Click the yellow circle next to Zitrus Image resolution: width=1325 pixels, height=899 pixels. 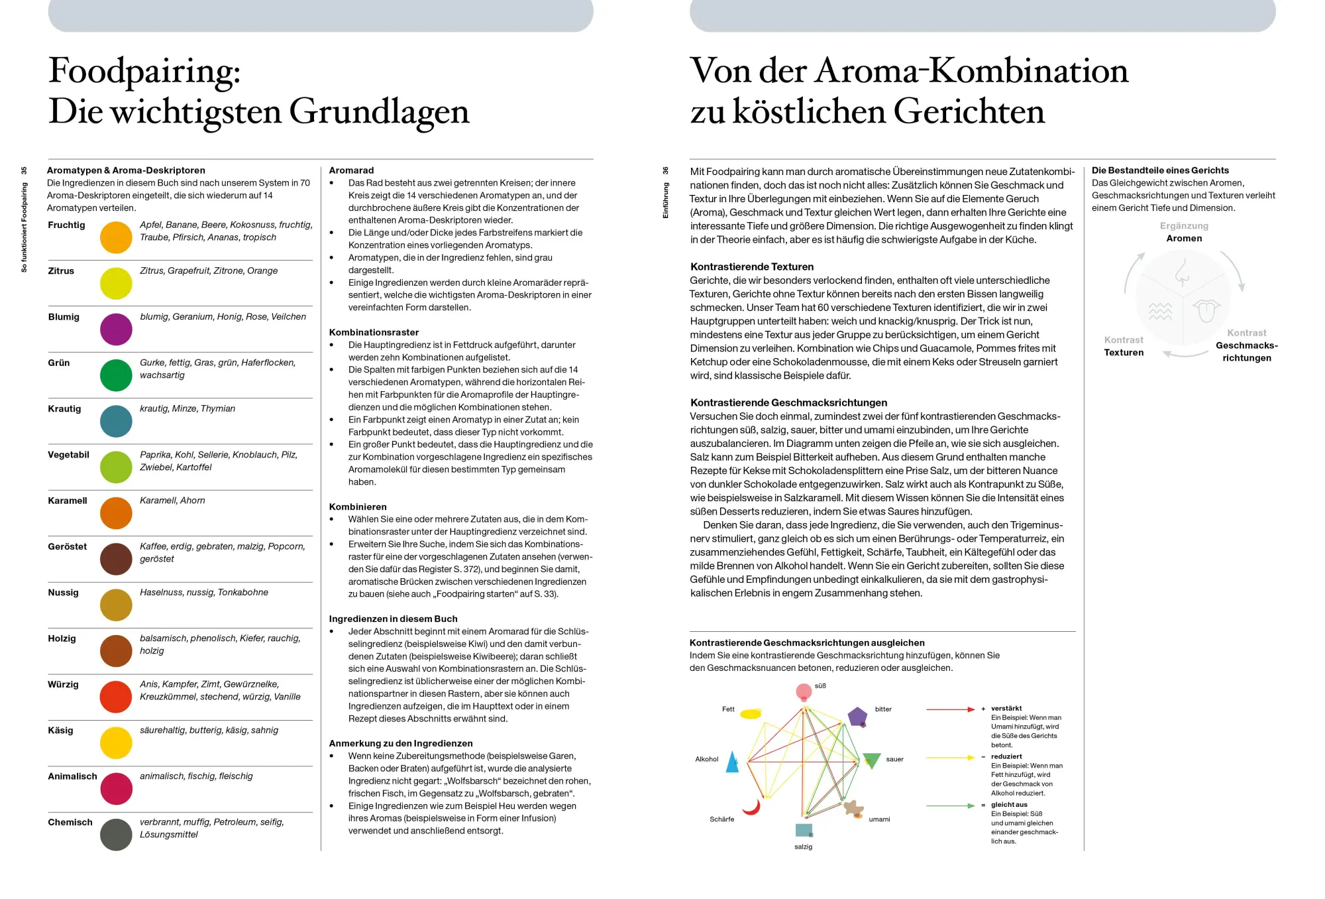pos(116,284)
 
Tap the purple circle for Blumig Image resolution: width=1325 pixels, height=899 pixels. pos(116,330)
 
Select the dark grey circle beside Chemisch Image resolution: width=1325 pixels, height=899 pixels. pos(116,835)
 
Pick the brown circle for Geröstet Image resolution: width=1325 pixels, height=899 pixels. pos(116,559)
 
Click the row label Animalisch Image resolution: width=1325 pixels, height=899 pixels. pos(72,776)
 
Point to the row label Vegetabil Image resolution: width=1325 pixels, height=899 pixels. pos(68,455)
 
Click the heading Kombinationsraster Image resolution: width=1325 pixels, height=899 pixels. pos(374,332)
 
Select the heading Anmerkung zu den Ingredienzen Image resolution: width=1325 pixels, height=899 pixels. pos(401,743)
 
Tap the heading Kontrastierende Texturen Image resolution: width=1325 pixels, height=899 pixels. pos(752,267)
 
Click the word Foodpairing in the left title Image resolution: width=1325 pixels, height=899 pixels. pos(144,71)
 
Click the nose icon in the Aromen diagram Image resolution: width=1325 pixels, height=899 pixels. pos(1182,272)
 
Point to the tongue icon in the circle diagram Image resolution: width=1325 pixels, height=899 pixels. pos(1206,310)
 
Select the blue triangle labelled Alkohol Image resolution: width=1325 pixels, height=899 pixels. pos(732,762)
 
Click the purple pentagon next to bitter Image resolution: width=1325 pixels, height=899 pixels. pos(857,717)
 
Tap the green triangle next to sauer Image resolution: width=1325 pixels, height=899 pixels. pos(871,760)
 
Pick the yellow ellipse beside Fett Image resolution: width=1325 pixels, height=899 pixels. pos(751,714)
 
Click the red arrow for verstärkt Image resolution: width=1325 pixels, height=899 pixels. pos(950,709)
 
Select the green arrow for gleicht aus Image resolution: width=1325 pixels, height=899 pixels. pos(950,806)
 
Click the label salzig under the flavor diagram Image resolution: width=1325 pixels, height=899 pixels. pos(803,847)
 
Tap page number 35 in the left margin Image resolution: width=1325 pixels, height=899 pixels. pos(25,170)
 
